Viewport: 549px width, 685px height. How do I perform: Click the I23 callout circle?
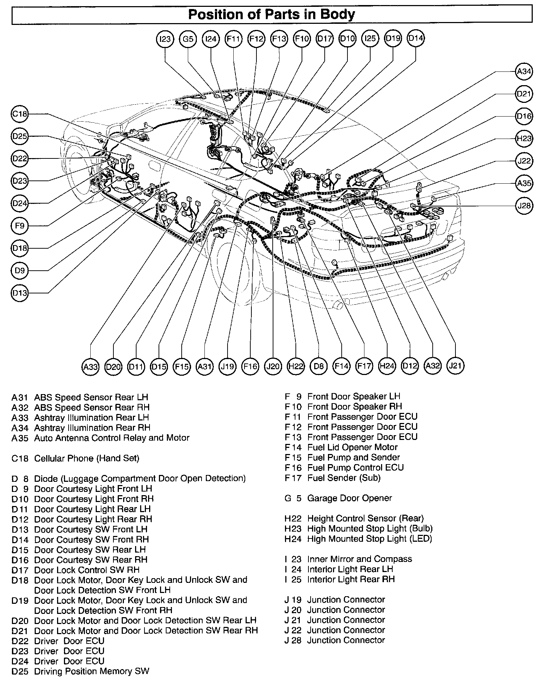tap(165, 39)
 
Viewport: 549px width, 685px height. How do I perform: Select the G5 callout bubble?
tap(188, 39)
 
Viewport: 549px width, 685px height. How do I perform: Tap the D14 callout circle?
tap(416, 38)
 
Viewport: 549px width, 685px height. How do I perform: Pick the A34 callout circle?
tap(524, 71)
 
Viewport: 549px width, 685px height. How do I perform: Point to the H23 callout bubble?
tap(524, 138)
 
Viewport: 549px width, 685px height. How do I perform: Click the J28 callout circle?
tap(524, 205)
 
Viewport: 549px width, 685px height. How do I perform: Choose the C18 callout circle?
tap(20, 114)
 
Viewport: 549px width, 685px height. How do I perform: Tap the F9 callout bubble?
tap(20, 226)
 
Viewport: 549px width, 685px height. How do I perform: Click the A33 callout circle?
tap(90, 367)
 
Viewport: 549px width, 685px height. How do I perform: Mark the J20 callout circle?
tap(273, 366)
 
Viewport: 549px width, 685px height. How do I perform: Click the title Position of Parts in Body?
tap(272, 14)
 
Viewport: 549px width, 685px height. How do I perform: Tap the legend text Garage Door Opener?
tap(349, 498)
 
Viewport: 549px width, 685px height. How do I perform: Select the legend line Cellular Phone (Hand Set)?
tap(86, 458)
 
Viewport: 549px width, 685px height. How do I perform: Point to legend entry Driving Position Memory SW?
tap(91, 671)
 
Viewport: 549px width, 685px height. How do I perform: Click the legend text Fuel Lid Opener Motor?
tap(352, 447)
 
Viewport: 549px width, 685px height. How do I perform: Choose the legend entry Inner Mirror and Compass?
tap(359, 559)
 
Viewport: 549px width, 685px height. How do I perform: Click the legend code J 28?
tap(293, 640)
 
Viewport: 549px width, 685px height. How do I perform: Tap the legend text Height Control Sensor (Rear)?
tap(365, 518)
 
